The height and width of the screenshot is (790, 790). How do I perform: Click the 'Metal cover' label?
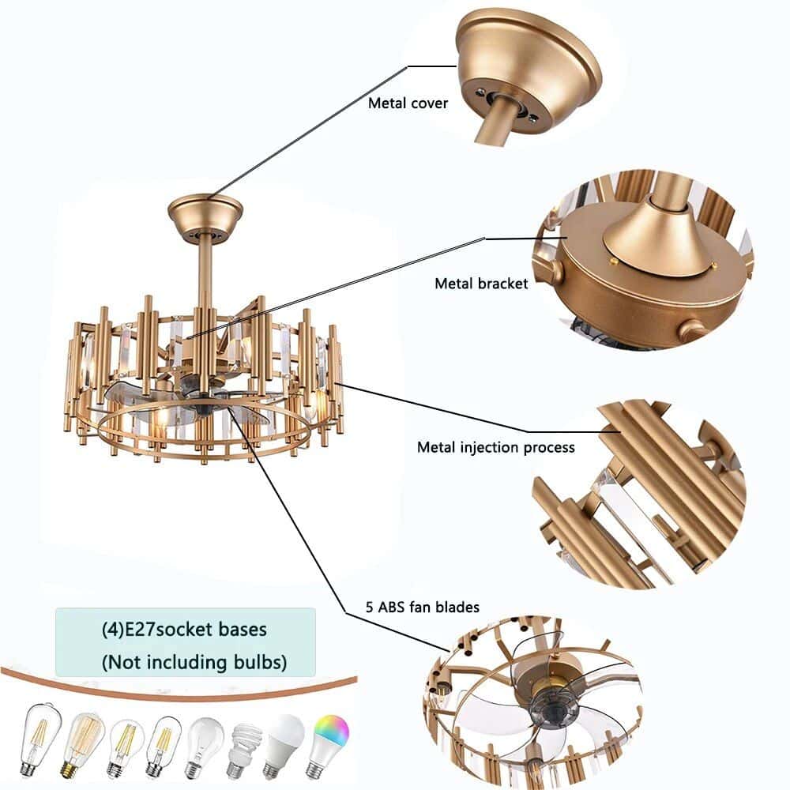(408, 103)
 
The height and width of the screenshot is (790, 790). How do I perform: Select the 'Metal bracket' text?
(481, 284)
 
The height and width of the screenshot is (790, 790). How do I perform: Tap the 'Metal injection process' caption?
(495, 447)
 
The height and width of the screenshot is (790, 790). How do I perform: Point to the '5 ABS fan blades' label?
(412, 608)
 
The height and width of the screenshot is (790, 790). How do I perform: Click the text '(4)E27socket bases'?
(183, 630)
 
